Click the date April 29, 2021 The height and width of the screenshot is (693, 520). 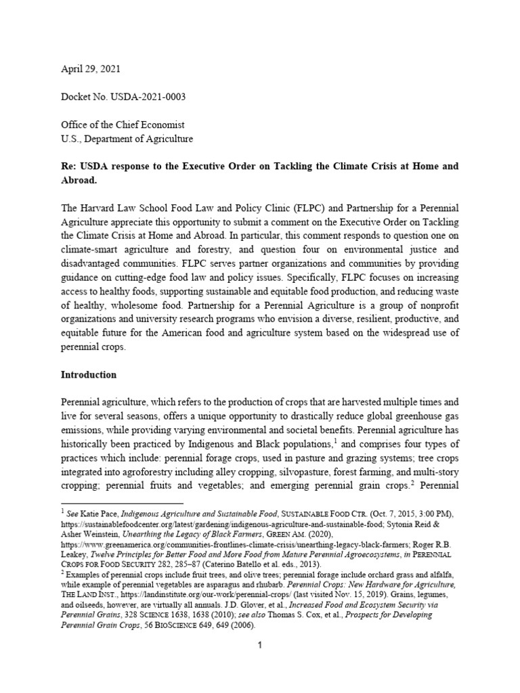92,70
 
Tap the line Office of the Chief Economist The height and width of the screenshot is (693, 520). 123,125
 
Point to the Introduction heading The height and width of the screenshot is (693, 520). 89,374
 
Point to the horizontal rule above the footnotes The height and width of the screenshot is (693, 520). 122,503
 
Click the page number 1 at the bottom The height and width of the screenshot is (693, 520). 259,646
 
